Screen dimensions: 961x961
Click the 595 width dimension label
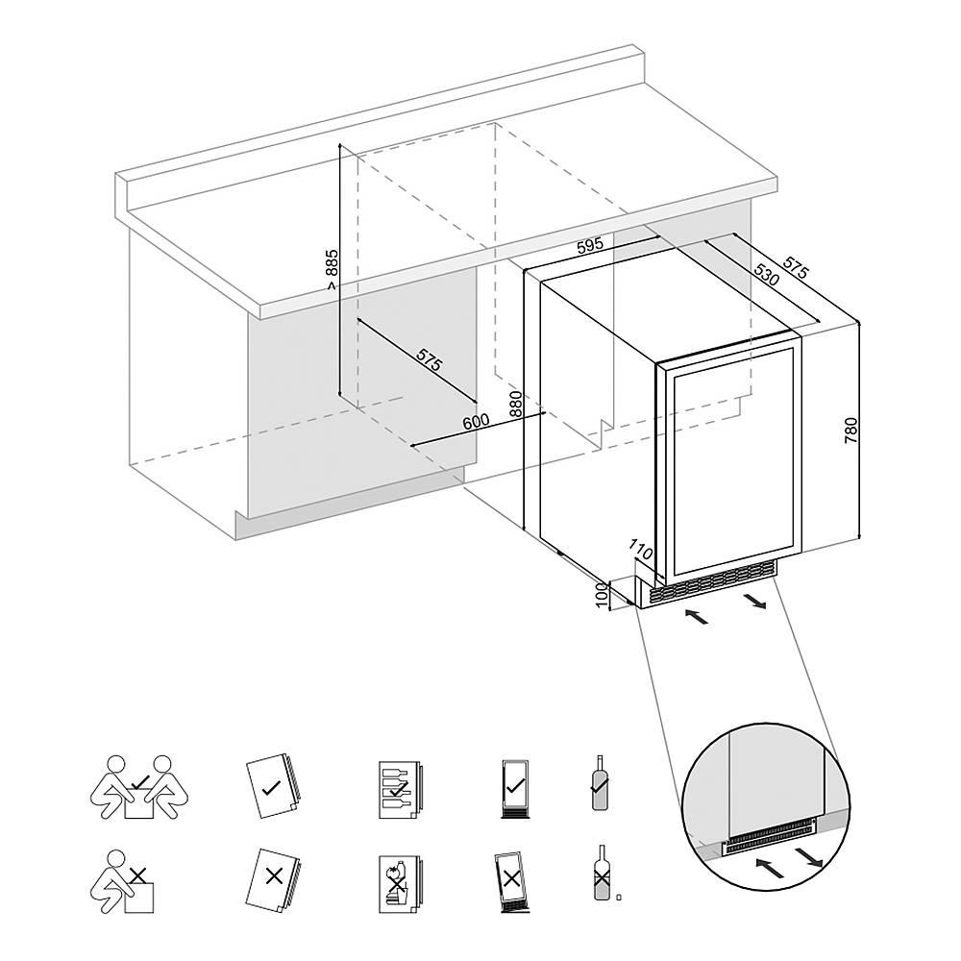(x=590, y=244)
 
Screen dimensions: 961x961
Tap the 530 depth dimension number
(x=767, y=274)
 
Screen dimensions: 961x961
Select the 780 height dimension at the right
(x=851, y=431)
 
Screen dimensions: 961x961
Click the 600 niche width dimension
(x=476, y=422)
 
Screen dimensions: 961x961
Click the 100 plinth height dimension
(x=602, y=596)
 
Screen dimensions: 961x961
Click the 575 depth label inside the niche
(x=429, y=359)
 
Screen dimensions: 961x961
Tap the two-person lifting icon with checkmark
(x=140, y=787)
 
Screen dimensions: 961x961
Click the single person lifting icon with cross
(x=122, y=880)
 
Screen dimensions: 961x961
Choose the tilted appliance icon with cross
(x=510, y=881)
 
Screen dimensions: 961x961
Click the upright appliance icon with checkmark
(x=515, y=788)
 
